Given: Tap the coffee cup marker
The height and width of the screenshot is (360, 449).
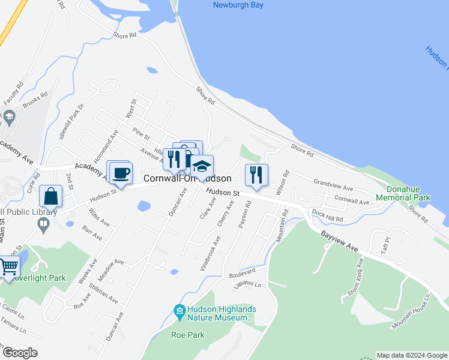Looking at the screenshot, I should point(120,173).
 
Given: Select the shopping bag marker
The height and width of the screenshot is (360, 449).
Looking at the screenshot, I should point(51,197).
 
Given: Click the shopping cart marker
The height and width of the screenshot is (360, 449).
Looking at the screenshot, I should point(8,267).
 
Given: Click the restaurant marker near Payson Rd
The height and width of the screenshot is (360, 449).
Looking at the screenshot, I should point(256,175).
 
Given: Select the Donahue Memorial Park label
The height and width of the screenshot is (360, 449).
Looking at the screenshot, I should point(403,193).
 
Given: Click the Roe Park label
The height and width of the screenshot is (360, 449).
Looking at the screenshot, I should point(187,335).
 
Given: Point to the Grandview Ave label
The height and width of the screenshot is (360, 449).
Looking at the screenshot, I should point(333,184).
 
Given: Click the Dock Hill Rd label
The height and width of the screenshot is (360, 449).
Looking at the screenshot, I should point(327,216).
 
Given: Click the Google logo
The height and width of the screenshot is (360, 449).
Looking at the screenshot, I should point(20,353).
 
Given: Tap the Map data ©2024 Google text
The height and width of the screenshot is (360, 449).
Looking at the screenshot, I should point(411,355).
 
